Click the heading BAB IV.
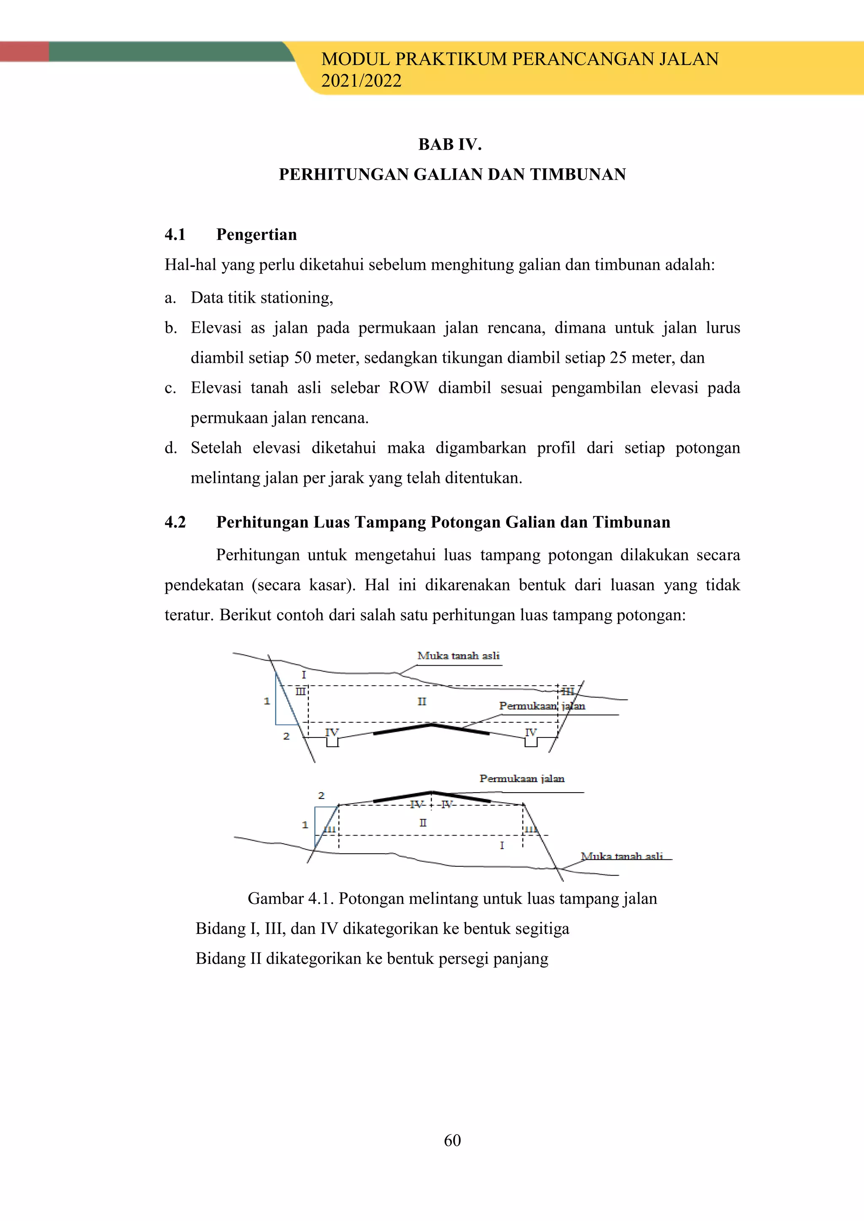pyautogui.click(x=450, y=145)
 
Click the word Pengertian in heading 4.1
pyautogui.click(x=256, y=234)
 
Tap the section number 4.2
pyautogui.click(x=175, y=522)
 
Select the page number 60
pyautogui.click(x=452, y=1140)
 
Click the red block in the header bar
pyautogui.click(x=24, y=51)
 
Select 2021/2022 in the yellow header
pyautogui.click(x=361, y=81)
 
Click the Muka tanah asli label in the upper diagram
pyautogui.click(x=458, y=656)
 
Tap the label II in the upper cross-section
pyautogui.click(x=422, y=702)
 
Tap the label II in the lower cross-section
pyautogui.click(x=423, y=823)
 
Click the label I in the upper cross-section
pyautogui.click(x=304, y=675)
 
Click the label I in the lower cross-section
pyautogui.click(x=502, y=845)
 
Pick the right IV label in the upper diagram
pyautogui.click(x=531, y=732)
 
